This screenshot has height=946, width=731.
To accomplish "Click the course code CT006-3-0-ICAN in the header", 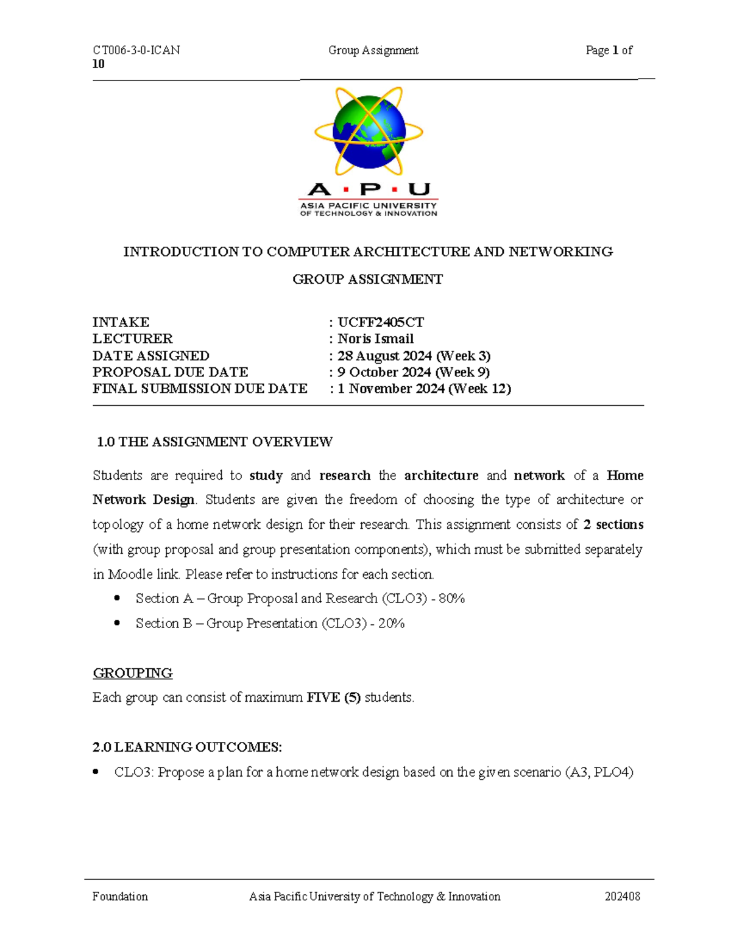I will point(136,51).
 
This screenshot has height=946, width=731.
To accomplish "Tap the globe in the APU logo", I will point(369,132).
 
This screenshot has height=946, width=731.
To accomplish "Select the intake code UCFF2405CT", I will point(381,322).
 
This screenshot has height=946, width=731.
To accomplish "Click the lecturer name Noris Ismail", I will point(375,339).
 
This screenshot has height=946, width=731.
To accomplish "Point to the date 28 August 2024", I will point(385,356).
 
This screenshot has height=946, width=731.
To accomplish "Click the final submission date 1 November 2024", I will point(390,389).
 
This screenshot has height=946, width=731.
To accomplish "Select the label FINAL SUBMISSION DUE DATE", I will point(200,389).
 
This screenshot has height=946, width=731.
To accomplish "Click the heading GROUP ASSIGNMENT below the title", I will point(367,280).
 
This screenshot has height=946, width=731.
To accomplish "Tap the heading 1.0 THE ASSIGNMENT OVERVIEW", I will point(214,442).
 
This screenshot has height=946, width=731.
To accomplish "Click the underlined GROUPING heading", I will point(132,673).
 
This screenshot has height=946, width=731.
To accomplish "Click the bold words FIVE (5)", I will point(333,697).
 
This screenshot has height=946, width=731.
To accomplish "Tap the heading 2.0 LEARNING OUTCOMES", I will point(187,747).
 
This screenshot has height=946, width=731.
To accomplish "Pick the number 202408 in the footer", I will point(622,897).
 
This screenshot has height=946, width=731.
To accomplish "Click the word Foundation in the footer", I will point(120,897).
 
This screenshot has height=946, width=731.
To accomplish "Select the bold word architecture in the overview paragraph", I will point(441,476).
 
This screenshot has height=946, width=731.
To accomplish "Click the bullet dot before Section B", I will point(117,623).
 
